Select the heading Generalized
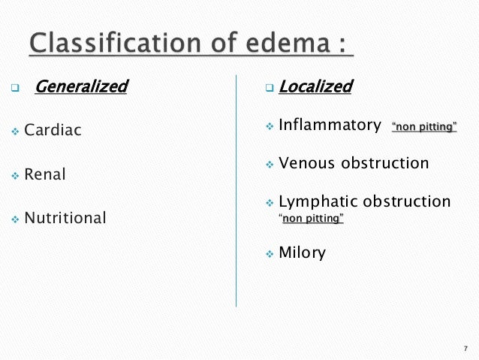(x=81, y=87)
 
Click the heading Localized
(x=315, y=87)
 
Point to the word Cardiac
(x=53, y=131)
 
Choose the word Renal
(x=46, y=175)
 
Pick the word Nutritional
(x=65, y=219)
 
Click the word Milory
(x=302, y=253)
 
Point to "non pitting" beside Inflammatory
(x=424, y=127)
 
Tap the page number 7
(x=465, y=348)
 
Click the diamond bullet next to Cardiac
(x=14, y=132)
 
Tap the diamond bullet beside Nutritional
(x=14, y=219)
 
